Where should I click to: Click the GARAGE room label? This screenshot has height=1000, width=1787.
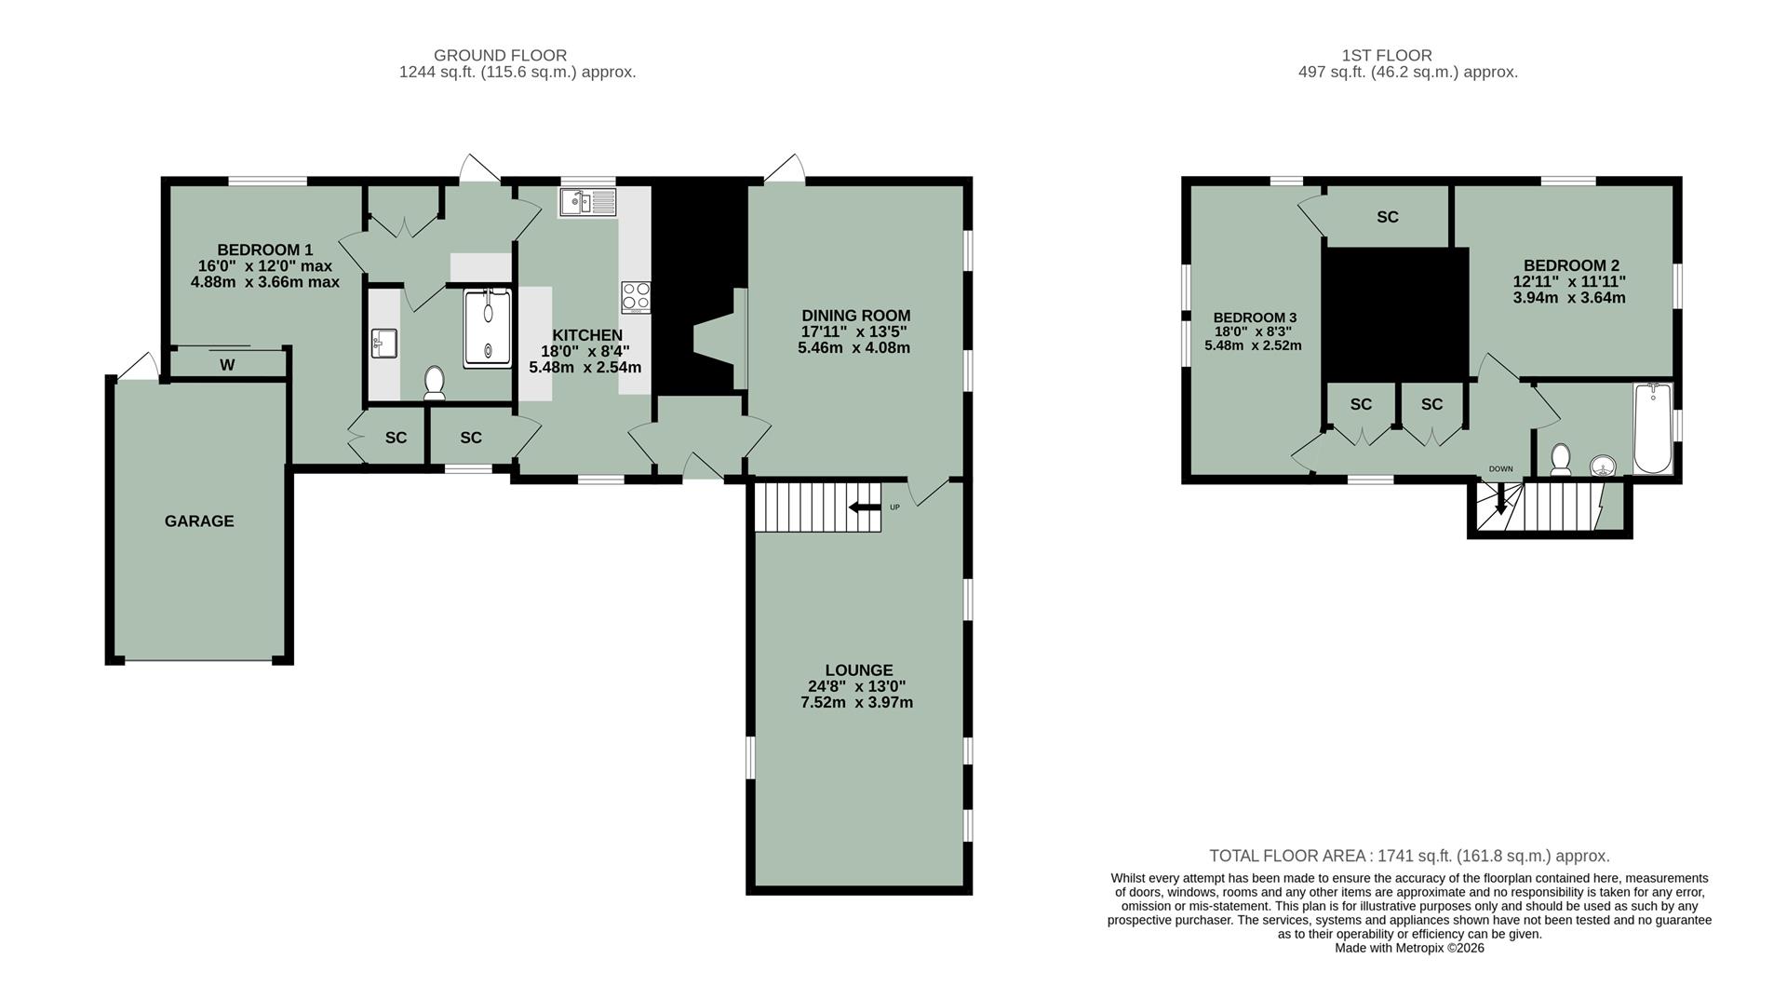[199, 521]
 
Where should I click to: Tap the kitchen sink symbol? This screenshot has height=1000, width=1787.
[587, 202]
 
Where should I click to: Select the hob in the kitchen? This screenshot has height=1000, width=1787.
[637, 297]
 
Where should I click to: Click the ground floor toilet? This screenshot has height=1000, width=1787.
[434, 382]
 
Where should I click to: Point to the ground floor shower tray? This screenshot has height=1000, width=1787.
[488, 327]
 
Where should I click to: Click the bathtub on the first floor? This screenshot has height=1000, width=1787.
[1653, 428]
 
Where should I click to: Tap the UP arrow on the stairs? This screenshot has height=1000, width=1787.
[864, 507]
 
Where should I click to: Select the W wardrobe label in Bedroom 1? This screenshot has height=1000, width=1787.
[227, 365]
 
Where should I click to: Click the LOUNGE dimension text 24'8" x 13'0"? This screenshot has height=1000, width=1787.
[857, 686]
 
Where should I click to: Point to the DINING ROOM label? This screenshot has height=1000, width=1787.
[855, 316]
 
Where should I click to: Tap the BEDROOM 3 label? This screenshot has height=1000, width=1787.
[1254, 318]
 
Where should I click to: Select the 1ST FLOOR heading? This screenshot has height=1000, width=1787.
[1387, 56]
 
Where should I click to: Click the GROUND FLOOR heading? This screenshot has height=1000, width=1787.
[500, 56]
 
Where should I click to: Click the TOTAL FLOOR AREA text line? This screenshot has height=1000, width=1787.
[1408, 856]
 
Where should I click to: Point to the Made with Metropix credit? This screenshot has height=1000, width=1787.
[1409, 948]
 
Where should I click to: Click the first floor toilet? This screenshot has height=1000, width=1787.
[1561, 459]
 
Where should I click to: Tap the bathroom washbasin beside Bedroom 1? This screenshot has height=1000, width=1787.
[383, 343]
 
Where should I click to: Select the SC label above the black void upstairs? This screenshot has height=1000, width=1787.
[1387, 217]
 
